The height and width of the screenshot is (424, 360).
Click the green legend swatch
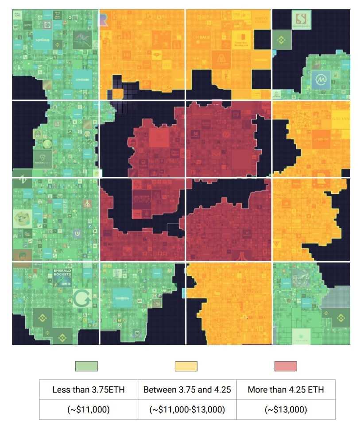point(86,366)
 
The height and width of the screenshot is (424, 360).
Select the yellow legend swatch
point(186,366)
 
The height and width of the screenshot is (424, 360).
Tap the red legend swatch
point(286,366)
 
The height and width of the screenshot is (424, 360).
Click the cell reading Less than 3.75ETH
point(89,390)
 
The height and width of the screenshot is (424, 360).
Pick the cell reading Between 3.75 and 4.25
point(187,390)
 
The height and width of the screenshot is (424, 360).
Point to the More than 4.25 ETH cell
point(286,390)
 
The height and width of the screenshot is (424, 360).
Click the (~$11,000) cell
point(89,410)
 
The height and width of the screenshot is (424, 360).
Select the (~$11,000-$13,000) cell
point(187,410)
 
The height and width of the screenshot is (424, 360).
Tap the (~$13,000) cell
point(286,410)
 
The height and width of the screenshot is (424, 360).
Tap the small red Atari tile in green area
point(87,204)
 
